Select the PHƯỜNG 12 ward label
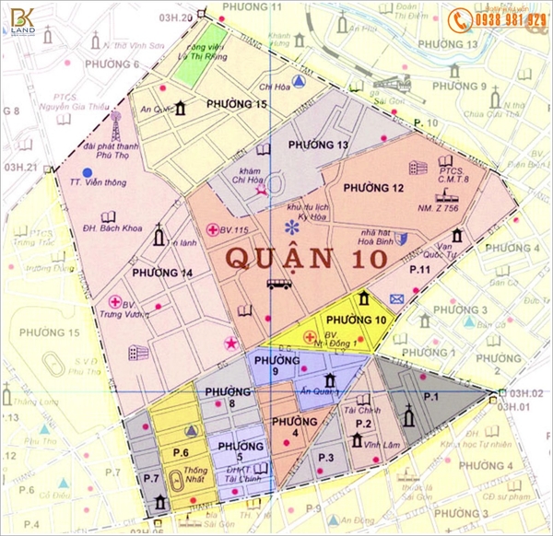(373, 188)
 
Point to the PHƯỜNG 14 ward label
(162, 273)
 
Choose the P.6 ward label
(180, 453)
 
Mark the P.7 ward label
(151, 478)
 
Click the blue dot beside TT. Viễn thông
(87, 172)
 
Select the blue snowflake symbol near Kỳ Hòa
(292, 227)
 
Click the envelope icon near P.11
(397, 298)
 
